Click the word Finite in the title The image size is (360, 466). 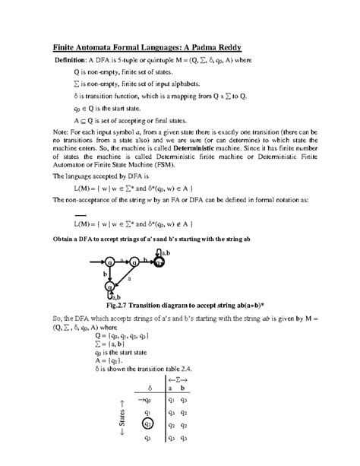coord(66,44)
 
